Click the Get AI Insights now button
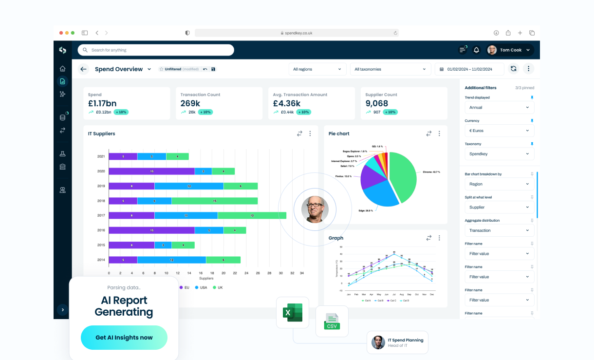point(124,338)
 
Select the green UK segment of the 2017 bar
point(252,215)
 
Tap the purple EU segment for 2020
point(151,171)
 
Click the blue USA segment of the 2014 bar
point(171,260)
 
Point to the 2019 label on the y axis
point(101,186)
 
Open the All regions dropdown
point(317,69)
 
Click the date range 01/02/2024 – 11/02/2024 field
point(469,69)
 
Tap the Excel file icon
point(293,312)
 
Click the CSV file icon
point(332,322)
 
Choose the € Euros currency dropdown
point(499,131)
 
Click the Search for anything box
point(156,50)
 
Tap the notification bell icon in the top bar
point(476,50)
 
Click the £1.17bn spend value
point(102,103)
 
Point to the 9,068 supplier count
point(377,103)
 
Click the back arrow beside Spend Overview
point(83,69)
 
